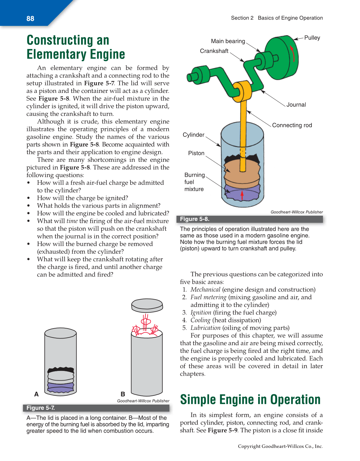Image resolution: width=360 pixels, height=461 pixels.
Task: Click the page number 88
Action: pos(30,19)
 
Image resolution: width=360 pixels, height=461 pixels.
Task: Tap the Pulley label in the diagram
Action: pos(312,38)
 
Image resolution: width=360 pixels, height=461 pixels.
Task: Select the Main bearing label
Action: pos(228,41)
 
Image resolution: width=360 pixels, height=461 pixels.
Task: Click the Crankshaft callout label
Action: pos(214,51)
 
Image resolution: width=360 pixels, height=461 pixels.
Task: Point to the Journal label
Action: pos(296,105)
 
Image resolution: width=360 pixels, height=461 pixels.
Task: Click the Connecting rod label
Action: pos(292,125)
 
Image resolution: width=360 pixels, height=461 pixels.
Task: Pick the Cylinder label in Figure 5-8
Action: pos(193,135)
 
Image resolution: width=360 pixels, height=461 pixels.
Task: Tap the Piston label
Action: pos(196,153)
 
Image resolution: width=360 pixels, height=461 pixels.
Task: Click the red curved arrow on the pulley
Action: pos(292,53)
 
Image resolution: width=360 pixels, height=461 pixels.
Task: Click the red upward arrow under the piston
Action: pos(242,195)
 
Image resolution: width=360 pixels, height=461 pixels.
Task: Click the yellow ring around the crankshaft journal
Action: pos(242,90)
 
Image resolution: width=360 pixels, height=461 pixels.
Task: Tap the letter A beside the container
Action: pos(36,394)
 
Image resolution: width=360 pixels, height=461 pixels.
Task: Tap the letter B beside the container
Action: pos(123,394)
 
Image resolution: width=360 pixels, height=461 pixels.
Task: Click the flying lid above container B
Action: pos(147,305)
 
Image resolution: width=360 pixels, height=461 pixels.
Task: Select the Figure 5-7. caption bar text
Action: pos(40,408)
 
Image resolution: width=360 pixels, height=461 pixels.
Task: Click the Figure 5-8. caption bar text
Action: pos(195,219)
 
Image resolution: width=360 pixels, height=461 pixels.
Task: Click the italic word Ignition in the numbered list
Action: pos(201,313)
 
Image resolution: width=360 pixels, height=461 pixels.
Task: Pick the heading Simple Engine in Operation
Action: pos(250,400)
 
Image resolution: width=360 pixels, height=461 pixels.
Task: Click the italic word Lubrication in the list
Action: pos(205,328)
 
